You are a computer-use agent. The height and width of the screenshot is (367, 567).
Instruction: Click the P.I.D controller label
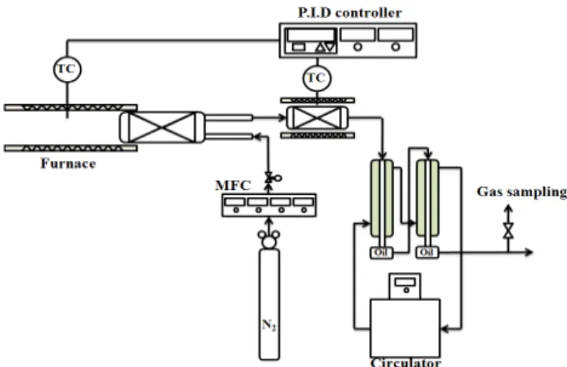click(349, 13)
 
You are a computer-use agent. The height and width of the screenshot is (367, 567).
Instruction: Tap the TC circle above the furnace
click(67, 69)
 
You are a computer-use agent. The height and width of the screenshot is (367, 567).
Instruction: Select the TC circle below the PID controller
click(317, 78)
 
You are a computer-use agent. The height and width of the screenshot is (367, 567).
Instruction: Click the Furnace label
click(68, 163)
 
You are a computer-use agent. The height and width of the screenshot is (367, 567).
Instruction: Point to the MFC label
click(233, 186)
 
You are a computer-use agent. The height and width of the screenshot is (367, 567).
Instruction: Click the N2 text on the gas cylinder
click(269, 325)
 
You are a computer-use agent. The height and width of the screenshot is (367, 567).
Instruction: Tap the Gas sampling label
click(522, 192)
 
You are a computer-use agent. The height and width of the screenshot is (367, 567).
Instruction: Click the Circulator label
click(406, 362)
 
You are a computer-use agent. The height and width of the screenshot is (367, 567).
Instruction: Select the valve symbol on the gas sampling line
click(509, 231)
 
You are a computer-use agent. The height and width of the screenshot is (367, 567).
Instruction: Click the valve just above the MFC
click(269, 178)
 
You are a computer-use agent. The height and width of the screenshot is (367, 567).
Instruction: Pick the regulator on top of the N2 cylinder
click(269, 239)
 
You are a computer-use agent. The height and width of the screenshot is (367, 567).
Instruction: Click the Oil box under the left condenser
click(382, 252)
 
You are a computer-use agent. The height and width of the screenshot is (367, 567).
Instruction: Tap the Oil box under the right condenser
click(427, 252)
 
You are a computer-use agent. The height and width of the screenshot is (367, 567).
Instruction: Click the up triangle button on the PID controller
click(320, 48)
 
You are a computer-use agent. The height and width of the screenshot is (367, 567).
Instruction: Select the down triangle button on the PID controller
click(330, 48)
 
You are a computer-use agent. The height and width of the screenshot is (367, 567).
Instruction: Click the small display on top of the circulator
click(404, 282)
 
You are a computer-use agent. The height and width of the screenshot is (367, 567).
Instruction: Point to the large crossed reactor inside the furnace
click(162, 127)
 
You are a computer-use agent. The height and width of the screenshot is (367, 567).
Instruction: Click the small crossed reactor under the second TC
click(317, 118)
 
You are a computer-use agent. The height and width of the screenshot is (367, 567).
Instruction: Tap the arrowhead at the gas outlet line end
click(529, 251)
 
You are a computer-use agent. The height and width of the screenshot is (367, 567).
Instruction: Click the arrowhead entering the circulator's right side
click(445, 329)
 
